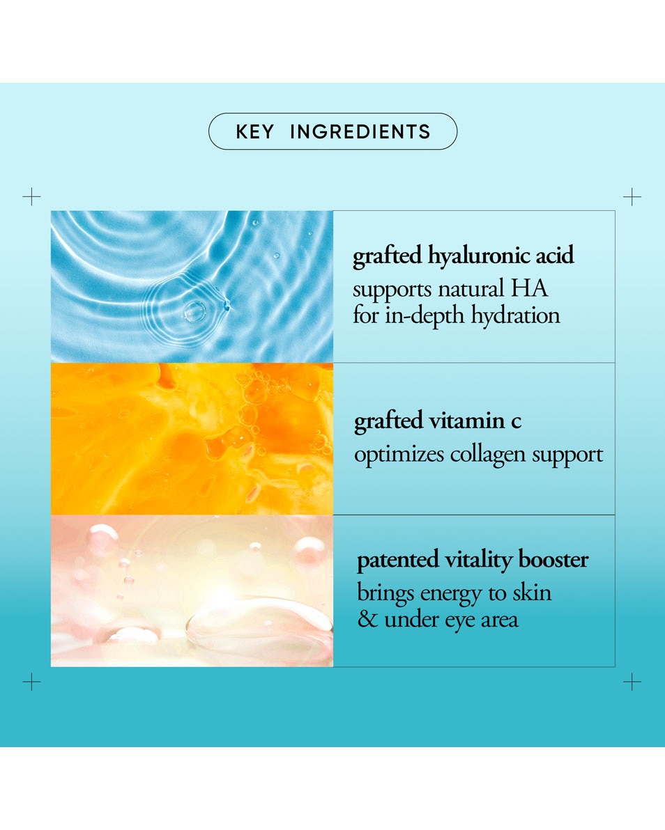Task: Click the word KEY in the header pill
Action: [255, 132]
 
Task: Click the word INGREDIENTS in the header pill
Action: [360, 132]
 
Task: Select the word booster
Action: [553, 560]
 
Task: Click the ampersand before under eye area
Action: [367, 619]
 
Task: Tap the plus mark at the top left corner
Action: [31, 196]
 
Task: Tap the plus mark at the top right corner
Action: [632, 196]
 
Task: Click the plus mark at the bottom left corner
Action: [31, 681]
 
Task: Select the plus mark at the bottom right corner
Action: [632, 681]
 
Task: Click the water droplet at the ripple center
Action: [194, 312]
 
